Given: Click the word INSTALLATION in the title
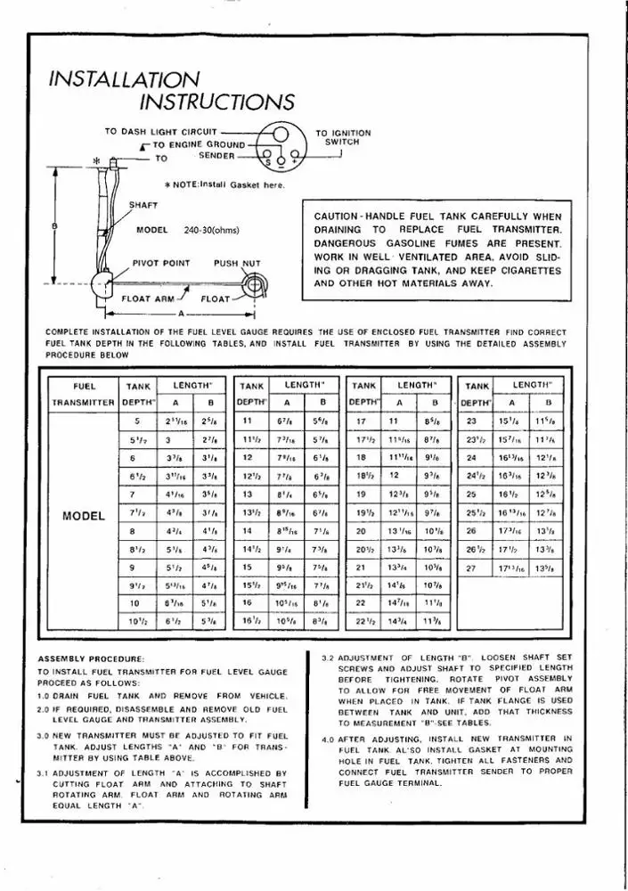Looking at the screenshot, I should click(x=125, y=79).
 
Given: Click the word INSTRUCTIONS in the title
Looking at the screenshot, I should click(x=217, y=103).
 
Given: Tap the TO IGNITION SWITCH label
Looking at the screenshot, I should click(x=343, y=137).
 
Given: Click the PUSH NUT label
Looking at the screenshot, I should click(x=237, y=264).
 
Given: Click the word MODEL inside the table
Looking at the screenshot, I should click(x=85, y=516).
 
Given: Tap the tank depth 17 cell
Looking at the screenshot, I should click(x=362, y=421).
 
